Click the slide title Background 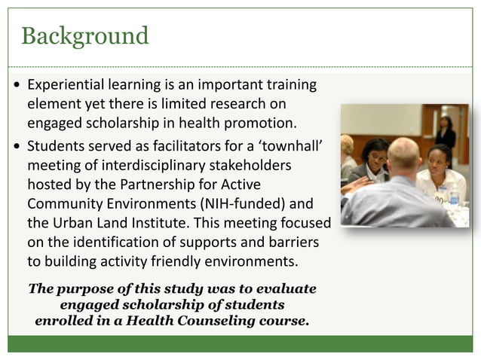point(84,35)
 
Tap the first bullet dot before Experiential point(17,85)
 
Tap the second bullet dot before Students point(17,145)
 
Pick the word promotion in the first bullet point(253,123)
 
